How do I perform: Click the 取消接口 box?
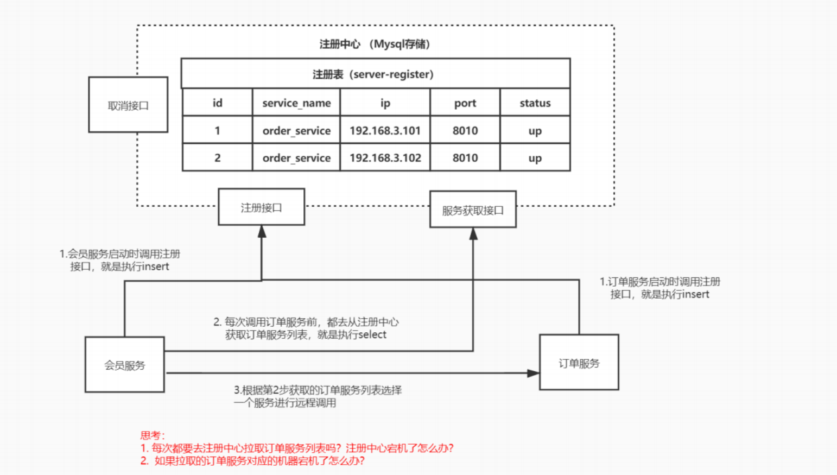(x=128, y=105)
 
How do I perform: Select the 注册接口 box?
(x=261, y=207)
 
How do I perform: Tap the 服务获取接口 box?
(x=473, y=210)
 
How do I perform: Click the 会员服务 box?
(x=125, y=365)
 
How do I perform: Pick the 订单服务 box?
(x=579, y=363)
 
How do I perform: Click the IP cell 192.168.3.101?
(x=385, y=130)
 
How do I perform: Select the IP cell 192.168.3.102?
(x=385, y=158)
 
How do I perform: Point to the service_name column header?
(x=296, y=103)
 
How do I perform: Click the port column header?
(x=465, y=103)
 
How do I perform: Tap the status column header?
(x=535, y=103)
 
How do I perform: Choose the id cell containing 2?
(x=217, y=158)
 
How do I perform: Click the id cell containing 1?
(x=217, y=130)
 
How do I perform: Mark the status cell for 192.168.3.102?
(x=535, y=158)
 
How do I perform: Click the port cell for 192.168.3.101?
(x=465, y=130)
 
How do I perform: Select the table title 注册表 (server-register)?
(x=373, y=74)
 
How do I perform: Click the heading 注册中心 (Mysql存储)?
(x=375, y=44)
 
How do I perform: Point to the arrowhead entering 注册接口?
(x=262, y=232)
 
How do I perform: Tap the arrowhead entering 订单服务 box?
(x=533, y=373)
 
